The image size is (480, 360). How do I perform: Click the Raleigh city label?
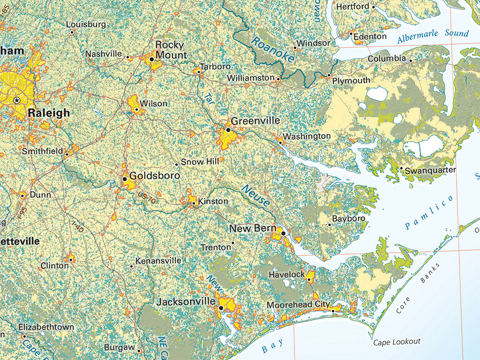click(49, 113)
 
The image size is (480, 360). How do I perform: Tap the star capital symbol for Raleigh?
click(17, 100)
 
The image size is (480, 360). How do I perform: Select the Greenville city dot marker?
click(228, 130)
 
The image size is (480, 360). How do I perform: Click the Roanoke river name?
click(272, 49)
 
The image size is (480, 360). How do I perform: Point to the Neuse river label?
click(256, 196)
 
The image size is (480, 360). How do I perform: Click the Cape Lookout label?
click(397, 342)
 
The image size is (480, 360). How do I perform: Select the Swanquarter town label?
click(430, 170)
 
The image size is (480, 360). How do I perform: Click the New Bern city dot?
click(283, 233)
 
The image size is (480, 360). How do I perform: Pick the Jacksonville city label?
click(186, 302)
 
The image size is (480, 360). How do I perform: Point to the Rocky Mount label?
click(170, 50)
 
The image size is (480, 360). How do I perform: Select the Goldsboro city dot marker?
click(124, 179)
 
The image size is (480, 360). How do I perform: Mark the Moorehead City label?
click(298, 305)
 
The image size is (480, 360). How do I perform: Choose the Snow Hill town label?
click(200, 162)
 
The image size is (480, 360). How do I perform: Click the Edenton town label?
click(370, 37)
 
